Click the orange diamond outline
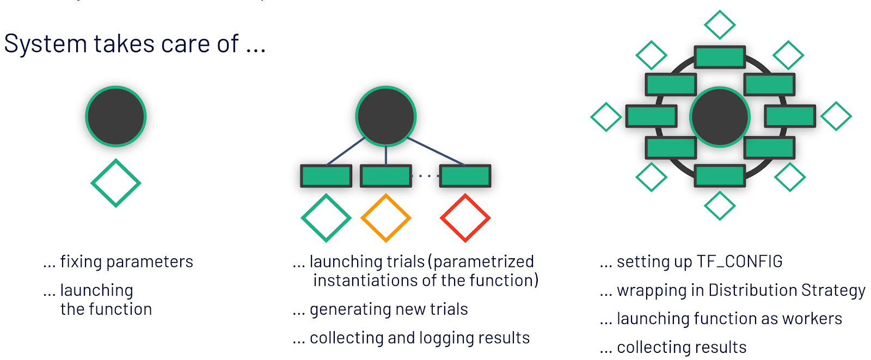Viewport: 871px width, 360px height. pyautogui.click(x=386, y=218)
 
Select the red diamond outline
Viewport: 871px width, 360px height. pyautogui.click(x=465, y=218)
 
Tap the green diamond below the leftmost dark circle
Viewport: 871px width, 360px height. pyautogui.click(x=116, y=183)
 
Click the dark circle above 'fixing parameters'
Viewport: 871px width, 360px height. pyautogui.click(x=116, y=117)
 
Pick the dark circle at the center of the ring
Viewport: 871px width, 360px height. pyautogui.click(x=720, y=117)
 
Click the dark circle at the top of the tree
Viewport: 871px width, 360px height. pyautogui.click(x=386, y=116)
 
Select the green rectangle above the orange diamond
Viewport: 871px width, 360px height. pyautogui.click(x=386, y=176)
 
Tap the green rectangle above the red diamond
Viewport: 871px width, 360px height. pyautogui.click(x=465, y=176)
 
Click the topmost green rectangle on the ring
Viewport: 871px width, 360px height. pyautogui.click(x=720, y=57)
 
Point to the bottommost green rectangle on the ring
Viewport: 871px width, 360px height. pyautogui.click(x=720, y=176)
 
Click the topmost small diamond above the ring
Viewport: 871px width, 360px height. pyautogui.click(x=720, y=25)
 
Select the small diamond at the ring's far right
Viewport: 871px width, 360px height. pyautogui.click(x=836, y=116)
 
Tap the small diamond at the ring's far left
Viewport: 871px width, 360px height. pyautogui.click(x=606, y=117)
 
